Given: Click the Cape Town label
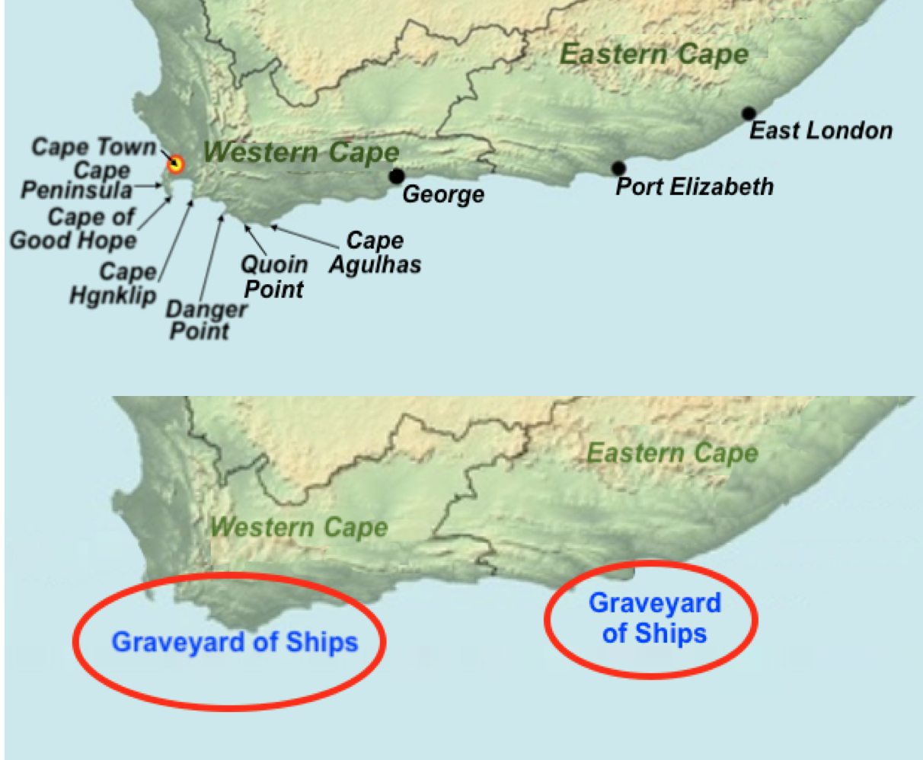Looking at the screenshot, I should [x=93, y=147].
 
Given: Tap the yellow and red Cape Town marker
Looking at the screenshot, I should [x=176, y=164].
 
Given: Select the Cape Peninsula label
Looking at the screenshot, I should [x=76, y=180].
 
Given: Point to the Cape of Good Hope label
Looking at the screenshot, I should [x=74, y=228].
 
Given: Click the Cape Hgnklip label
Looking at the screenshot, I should [x=114, y=283].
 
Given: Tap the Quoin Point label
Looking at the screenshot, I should [x=274, y=277].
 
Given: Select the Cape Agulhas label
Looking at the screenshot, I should [x=375, y=253].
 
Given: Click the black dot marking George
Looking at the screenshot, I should [x=396, y=177].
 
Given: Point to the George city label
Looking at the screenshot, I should [x=443, y=194].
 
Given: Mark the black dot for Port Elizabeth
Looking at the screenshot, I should [x=618, y=168].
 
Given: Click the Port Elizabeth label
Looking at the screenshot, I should [x=695, y=187].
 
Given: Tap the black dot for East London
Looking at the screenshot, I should [x=749, y=113].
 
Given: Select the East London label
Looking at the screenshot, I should [x=821, y=131].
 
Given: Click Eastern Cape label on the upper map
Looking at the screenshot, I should [x=654, y=54].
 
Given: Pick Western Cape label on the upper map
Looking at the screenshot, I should [x=302, y=152].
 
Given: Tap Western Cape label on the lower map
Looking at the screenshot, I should [x=299, y=527].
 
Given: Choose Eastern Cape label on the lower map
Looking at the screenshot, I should [x=672, y=454].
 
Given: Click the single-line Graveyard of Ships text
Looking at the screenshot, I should [x=235, y=642].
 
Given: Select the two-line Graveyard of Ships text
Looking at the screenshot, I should [x=654, y=618].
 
